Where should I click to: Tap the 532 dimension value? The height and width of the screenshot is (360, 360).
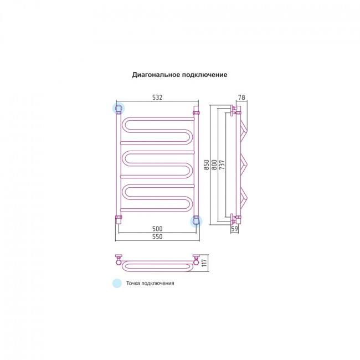point(157,97)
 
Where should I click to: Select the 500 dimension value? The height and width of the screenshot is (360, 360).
point(157,229)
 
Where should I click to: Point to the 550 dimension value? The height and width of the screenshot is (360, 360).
point(157,236)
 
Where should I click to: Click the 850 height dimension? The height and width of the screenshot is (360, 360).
point(207,164)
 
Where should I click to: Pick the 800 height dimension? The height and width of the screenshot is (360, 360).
point(214,164)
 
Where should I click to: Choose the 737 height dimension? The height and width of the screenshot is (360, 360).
point(222,164)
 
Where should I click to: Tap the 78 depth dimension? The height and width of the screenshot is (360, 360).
point(241,97)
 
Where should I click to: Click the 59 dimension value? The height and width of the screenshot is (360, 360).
point(234,229)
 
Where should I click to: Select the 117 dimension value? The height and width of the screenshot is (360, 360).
point(204,263)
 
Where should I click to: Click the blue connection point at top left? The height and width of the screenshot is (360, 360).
point(119,108)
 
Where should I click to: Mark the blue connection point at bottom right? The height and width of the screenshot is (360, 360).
point(196,222)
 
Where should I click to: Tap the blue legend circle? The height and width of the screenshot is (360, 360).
point(117,283)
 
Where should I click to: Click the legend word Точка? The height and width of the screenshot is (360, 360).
point(133,283)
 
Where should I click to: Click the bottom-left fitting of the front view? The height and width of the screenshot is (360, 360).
point(119,219)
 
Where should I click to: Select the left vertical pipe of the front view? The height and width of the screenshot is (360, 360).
point(119,164)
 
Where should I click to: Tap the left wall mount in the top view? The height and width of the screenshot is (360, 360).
point(119,259)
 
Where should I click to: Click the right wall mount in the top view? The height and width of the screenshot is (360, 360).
point(196,259)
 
